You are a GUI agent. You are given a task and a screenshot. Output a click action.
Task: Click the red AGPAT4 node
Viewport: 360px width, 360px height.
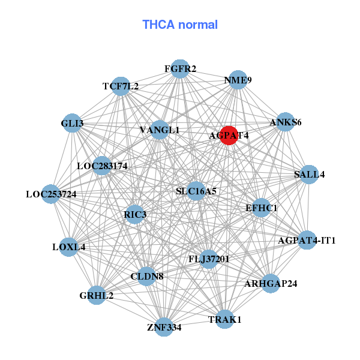229,135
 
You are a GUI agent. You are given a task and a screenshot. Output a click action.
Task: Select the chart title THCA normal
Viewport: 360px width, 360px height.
180,25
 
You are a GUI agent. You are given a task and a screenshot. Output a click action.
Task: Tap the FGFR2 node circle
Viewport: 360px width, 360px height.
180,68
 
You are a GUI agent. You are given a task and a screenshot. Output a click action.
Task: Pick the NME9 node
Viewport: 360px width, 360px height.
238,80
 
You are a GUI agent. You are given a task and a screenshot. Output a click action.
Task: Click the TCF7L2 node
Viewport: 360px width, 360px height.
121,86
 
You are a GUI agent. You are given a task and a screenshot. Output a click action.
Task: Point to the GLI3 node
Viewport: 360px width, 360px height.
72,123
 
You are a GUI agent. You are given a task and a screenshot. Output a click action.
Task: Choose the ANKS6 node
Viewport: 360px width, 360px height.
285,122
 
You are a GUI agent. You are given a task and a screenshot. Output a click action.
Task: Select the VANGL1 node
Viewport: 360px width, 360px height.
160,130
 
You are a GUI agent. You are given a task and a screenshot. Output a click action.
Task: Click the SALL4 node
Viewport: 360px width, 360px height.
309,175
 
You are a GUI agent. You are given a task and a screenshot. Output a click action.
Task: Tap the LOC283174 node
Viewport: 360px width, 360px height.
102,165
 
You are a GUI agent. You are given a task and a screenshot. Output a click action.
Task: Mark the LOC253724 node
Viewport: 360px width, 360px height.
52,194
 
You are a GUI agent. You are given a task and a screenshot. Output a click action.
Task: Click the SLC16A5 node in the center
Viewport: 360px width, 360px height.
196,191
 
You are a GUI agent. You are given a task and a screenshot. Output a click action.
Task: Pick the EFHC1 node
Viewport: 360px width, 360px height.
261,208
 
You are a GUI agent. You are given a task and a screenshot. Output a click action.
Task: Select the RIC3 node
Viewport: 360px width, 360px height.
135,214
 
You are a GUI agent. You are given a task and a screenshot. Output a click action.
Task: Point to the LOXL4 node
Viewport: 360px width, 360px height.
69,247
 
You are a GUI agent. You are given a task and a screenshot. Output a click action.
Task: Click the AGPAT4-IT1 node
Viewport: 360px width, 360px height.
307,241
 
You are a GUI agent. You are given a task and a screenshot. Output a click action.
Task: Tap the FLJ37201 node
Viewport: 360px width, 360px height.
208,259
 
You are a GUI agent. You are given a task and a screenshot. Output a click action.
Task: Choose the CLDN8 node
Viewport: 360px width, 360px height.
147,277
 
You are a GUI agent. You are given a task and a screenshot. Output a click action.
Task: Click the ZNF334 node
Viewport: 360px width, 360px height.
164,327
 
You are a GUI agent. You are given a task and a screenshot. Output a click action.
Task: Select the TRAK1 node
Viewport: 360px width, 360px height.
224,320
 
